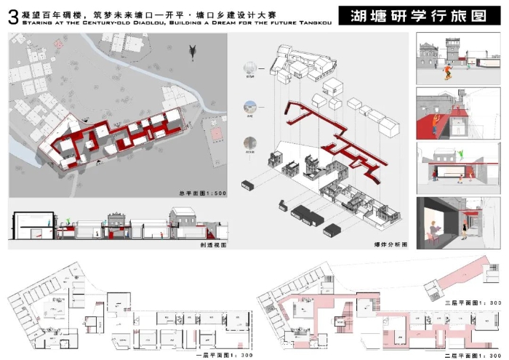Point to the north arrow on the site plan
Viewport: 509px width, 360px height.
(193, 51)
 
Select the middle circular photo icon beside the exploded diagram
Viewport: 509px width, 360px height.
(250, 106)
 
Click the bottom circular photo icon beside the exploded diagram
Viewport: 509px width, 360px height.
(250, 143)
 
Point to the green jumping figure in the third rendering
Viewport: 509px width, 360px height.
(460, 154)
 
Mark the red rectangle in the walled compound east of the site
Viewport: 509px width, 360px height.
(216, 136)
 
